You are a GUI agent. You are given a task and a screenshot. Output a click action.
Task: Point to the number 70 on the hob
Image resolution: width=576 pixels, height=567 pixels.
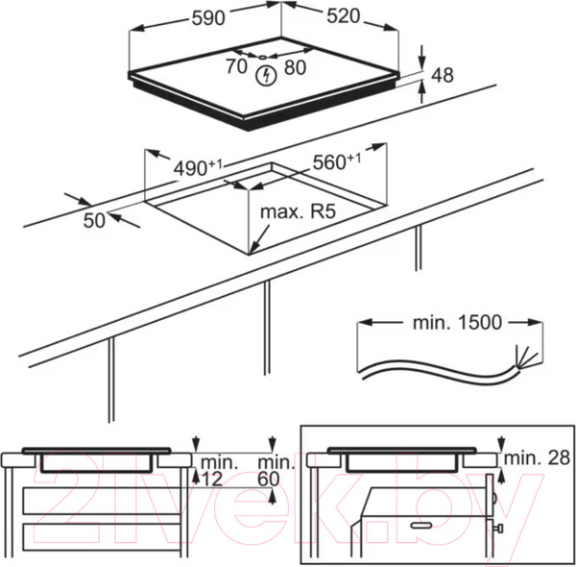pyautogui.click(x=236, y=67)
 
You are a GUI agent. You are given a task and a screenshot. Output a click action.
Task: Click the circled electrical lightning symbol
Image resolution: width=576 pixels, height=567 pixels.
pyautogui.click(x=265, y=72)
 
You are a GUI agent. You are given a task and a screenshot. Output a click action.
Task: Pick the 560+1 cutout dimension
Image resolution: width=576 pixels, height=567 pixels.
pyautogui.click(x=336, y=161)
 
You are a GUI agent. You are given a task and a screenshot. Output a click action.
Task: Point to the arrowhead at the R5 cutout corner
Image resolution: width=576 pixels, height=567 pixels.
pyautogui.click(x=252, y=249)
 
